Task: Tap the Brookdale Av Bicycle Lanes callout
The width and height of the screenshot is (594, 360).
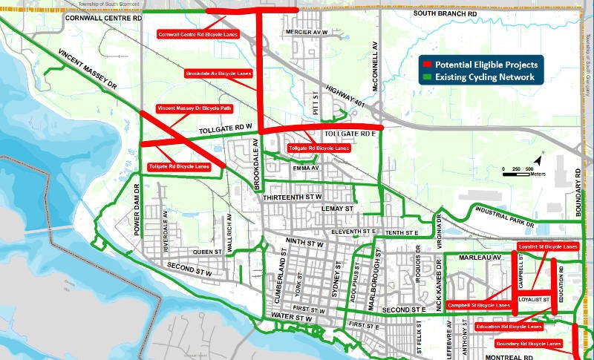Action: (218, 73)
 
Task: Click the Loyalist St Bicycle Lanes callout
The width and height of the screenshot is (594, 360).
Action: (549, 246)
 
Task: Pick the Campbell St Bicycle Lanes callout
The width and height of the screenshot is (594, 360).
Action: (480, 305)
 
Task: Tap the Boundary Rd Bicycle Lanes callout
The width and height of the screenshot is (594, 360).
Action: (527, 344)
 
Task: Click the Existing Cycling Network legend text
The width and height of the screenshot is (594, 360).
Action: (485, 77)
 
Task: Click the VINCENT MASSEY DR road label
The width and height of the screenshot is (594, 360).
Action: (88, 70)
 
